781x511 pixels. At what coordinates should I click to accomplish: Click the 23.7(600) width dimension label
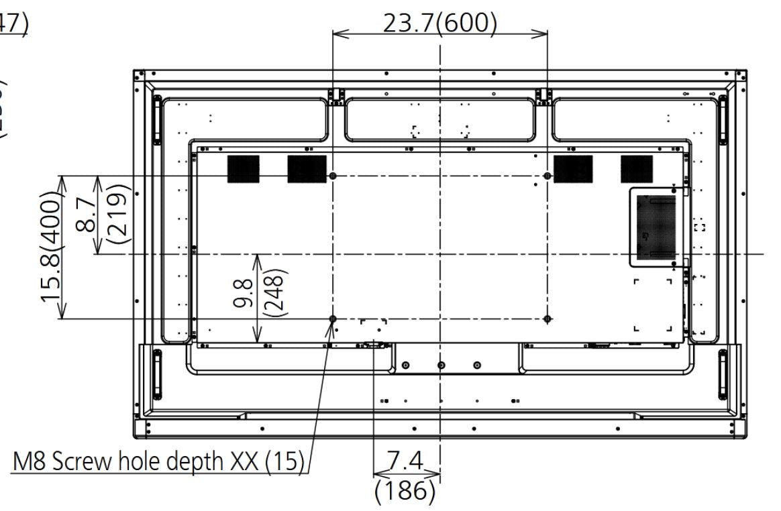[439, 24]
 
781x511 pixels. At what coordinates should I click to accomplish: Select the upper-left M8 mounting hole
[333, 176]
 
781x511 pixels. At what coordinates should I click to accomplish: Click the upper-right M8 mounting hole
[548, 176]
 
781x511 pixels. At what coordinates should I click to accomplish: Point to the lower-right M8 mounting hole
[548, 319]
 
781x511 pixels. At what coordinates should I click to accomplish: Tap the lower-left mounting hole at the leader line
[333, 319]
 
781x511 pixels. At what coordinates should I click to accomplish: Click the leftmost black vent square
[243, 169]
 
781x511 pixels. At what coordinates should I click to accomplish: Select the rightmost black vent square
[636, 169]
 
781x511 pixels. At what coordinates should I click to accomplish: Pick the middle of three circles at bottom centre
[441, 365]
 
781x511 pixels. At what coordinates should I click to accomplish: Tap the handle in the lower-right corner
[723, 374]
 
